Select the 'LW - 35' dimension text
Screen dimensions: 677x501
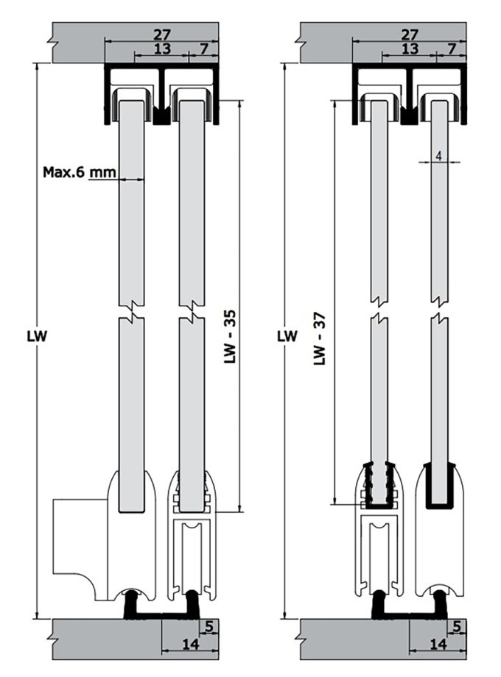click(229, 337)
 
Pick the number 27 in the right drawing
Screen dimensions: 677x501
click(410, 34)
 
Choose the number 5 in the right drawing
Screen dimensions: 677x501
click(459, 627)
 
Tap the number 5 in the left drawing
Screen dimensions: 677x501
click(210, 627)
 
